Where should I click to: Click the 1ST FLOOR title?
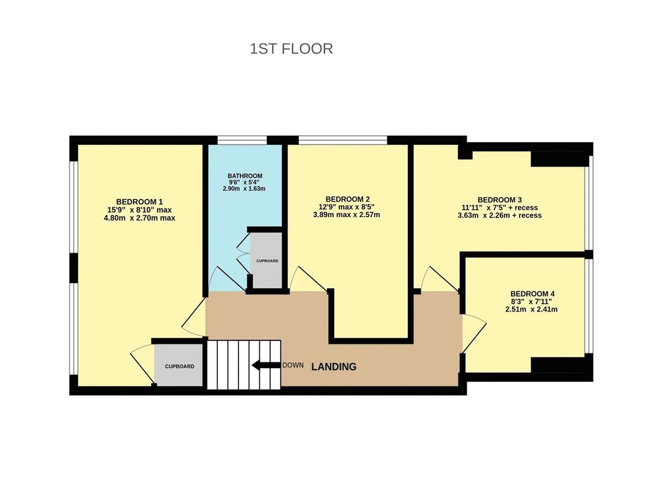[292, 49]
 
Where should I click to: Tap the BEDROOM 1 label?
[140, 202]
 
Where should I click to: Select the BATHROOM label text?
[245, 176]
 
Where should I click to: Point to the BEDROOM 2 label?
[348, 199]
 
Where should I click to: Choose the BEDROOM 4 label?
[533, 294]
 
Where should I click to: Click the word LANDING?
[334, 367]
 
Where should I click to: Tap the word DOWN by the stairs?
[293, 365]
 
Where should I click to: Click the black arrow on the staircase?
[266, 365]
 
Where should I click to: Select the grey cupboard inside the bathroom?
[266, 261]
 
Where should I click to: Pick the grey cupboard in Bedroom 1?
[179, 365]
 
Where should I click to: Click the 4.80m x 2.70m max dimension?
[140, 218]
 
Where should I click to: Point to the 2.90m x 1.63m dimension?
[244, 189]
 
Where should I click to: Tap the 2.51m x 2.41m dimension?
[531, 309]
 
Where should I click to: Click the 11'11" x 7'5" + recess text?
[500, 207]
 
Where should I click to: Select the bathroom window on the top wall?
[242, 140]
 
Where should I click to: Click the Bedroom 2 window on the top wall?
[343, 140]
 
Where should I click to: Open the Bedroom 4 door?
[474, 333]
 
